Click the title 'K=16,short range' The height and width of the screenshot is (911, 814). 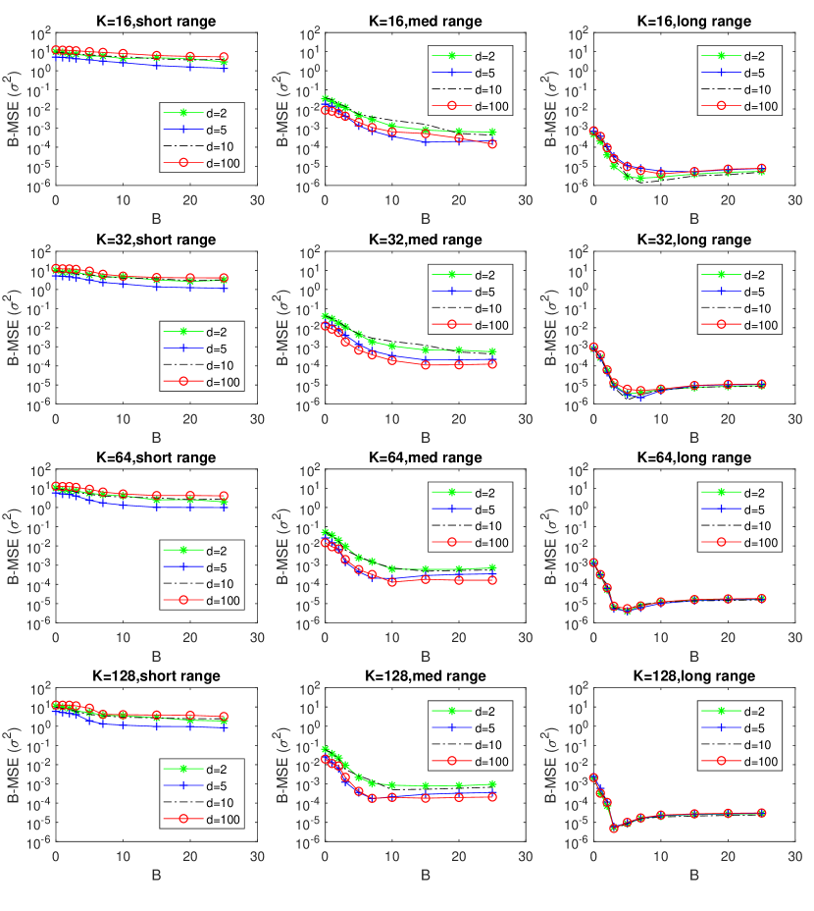(x=155, y=21)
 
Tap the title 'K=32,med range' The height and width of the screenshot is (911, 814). (x=425, y=240)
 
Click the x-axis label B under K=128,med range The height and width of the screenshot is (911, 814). (x=425, y=876)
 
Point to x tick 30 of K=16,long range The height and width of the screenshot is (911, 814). (x=794, y=200)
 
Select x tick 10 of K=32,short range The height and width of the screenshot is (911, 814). (x=123, y=419)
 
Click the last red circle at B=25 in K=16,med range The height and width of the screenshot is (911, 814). (x=492, y=143)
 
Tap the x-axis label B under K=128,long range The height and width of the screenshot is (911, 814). (x=693, y=876)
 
